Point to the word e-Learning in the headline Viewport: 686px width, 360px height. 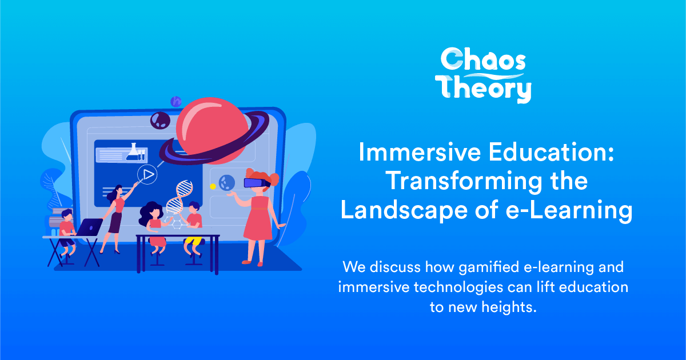click(569, 210)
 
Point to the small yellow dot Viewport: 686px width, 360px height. click(213, 186)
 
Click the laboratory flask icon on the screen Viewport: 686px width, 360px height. click(132, 151)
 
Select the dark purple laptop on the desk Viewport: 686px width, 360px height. click(90, 228)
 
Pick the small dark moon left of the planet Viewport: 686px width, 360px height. click(158, 120)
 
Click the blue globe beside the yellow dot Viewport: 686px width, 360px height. click(226, 182)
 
